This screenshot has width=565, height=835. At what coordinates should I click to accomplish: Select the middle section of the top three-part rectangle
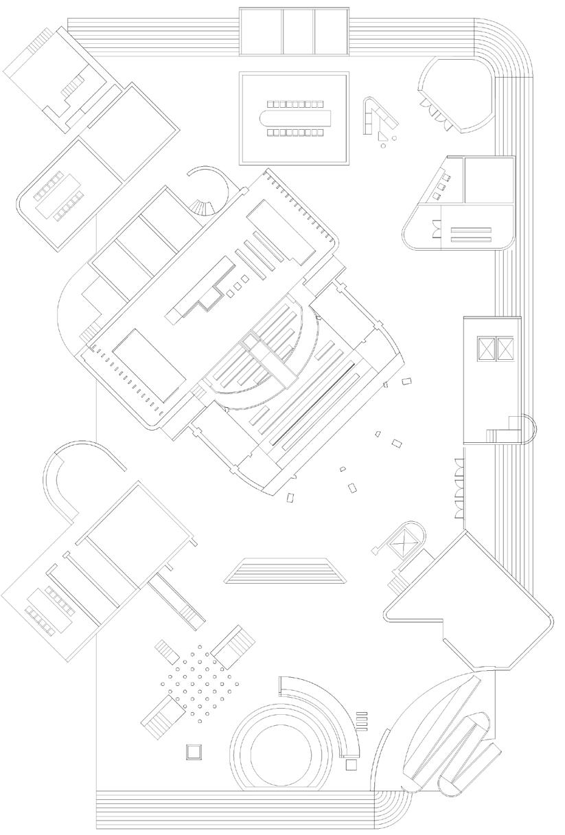(298, 32)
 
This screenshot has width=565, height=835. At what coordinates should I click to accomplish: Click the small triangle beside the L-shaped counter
(384, 144)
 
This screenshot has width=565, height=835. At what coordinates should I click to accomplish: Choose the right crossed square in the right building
(505, 347)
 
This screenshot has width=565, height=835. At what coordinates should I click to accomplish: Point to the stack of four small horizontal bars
(362, 720)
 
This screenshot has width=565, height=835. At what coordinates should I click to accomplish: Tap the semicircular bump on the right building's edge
(531, 428)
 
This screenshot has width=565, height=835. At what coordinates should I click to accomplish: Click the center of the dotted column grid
(200, 684)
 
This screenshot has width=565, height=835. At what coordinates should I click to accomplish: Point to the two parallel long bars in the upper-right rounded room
(471, 233)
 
